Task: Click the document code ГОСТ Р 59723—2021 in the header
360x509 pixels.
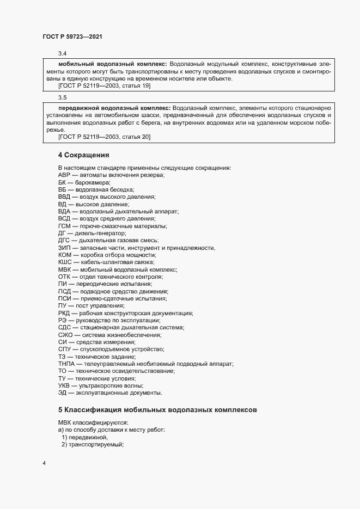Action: point(72,36)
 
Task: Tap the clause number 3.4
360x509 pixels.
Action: point(62,53)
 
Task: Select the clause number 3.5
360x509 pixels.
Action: point(62,98)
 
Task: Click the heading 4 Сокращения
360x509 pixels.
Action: point(84,155)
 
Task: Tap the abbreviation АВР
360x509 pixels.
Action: point(64,175)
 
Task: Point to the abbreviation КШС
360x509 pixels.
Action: point(65,262)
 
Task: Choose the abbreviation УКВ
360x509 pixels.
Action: point(64,385)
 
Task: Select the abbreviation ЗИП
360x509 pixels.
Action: point(64,248)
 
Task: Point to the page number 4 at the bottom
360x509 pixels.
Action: point(44,463)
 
